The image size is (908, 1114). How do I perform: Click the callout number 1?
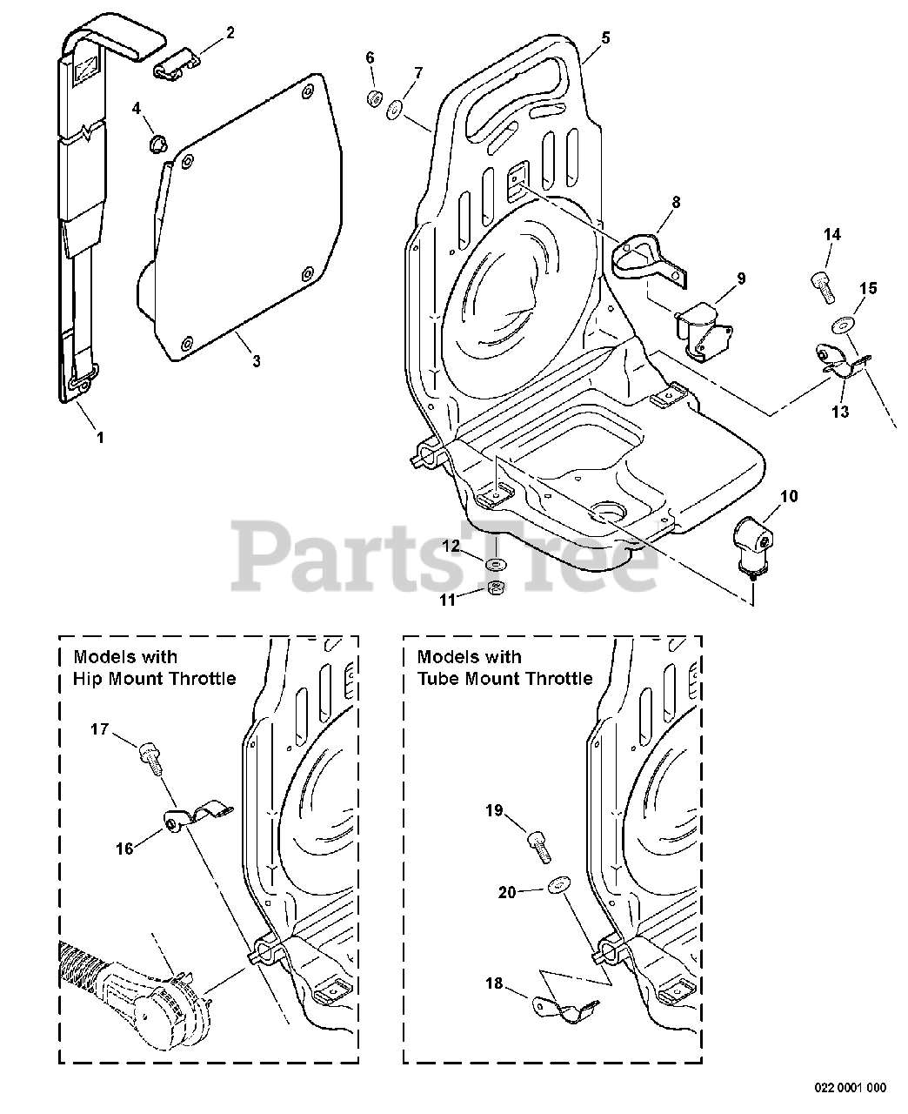tap(99, 438)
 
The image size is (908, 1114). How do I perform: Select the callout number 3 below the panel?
tap(256, 361)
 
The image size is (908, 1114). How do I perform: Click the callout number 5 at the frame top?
tap(605, 38)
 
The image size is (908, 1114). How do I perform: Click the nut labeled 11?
tap(497, 589)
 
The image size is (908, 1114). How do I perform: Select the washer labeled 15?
tap(842, 325)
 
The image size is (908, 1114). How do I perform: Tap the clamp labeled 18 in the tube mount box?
tap(566, 1009)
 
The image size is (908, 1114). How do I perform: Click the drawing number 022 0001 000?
tap(850, 1087)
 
